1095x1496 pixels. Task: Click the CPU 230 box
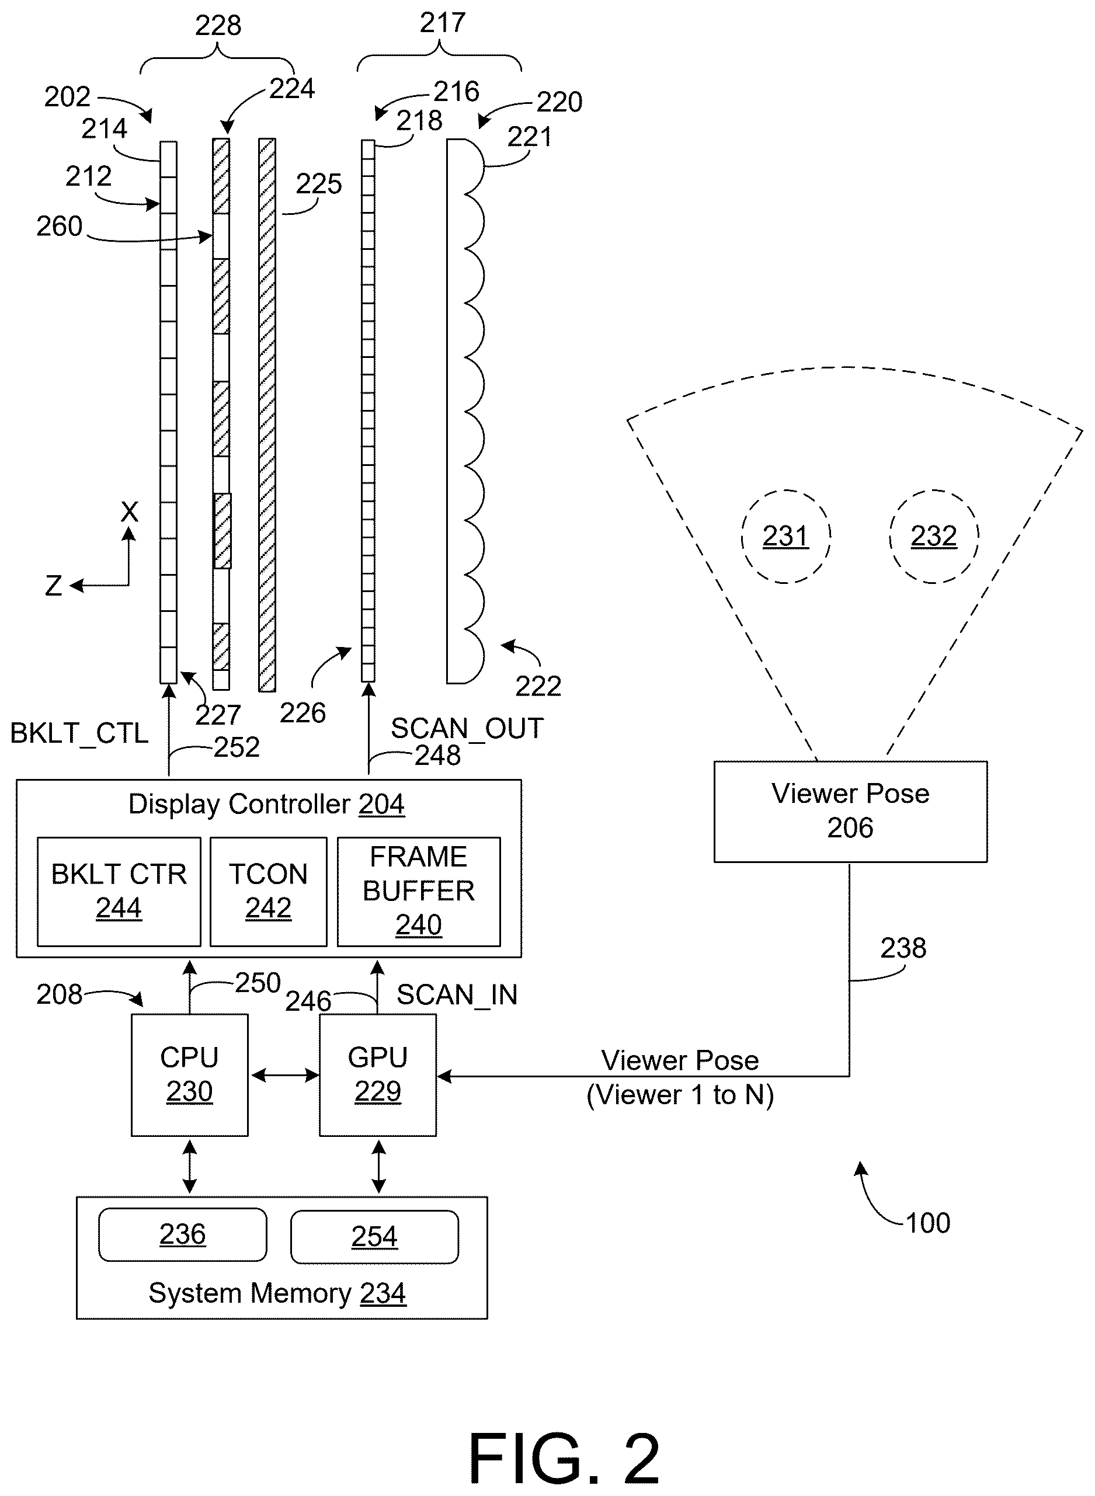pyautogui.click(x=190, y=1074)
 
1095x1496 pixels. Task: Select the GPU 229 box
pyautogui.click(x=378, y=1074)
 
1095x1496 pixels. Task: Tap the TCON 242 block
pyautogui.click(x=269, y=892)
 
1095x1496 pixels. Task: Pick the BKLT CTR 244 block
pyautogui.click(x=119, y=892)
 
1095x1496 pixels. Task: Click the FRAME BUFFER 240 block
pyautogui.click(x=419, y=892)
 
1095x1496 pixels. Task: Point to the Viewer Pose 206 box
pyautogui.click(x=850, y=811)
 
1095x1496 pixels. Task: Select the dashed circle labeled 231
pyautogui.click(x=786, y=536)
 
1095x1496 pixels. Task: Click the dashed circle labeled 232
pyautogui.click(x=934, y=536)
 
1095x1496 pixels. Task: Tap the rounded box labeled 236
pyautogui.click(x=183, y=1234)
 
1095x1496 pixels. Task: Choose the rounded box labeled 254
pyautogui.click(x=374, y=1236)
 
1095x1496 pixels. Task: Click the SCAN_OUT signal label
pyautogui.click(x=467, y=729)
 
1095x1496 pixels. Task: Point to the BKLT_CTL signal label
pyautogui.click(x=79, y=733)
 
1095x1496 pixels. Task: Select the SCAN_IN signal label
pyautogui.click(x=457, y=994)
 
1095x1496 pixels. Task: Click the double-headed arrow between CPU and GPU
pyautogui.click(x=284, y=1075)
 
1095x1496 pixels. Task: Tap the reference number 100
pyautogui.click(x=928, y=1222)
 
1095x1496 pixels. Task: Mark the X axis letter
pyautogui.click(x=130, y=512)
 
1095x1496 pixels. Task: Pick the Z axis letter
pyautogui.click(x=53, y=586)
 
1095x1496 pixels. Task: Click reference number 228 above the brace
pyautogui.click(x=218, y=25)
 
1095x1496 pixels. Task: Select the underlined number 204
pyautogui.click(x=382, y=804)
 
